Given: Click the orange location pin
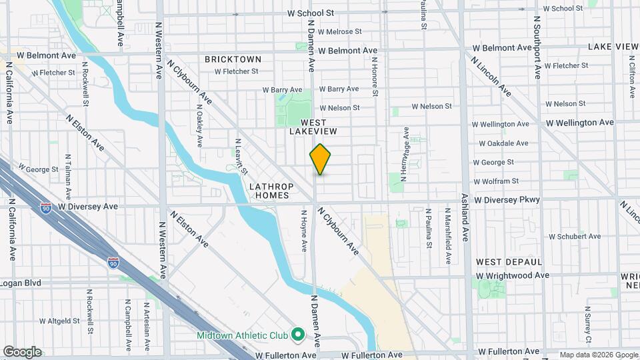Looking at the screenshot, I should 321,159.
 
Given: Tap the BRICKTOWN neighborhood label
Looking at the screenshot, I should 233,59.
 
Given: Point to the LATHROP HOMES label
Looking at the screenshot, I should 270,191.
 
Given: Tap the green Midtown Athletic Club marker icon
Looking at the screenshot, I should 298,333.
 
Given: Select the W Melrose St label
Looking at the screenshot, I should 339,31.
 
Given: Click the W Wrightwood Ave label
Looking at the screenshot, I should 512,275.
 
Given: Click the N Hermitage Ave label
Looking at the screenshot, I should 404,155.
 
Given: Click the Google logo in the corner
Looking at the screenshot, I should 22,351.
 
